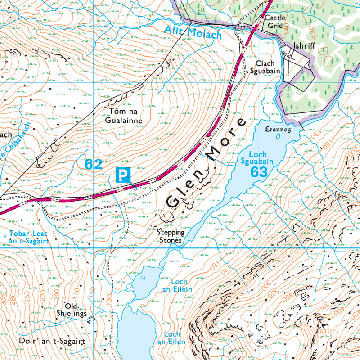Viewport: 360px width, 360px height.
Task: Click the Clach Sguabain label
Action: [x=268, y=67]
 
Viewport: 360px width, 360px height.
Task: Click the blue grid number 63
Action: [x=259, y=172]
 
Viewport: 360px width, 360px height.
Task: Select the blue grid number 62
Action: [x=94, y=165]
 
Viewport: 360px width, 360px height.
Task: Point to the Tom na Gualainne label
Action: [x=123, y=116]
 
